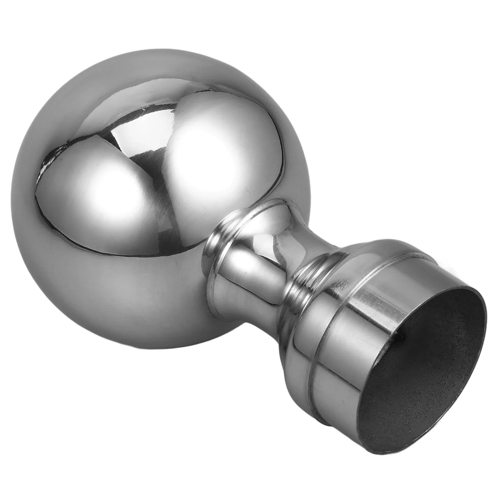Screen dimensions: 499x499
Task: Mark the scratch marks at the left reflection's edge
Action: [47, 162]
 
